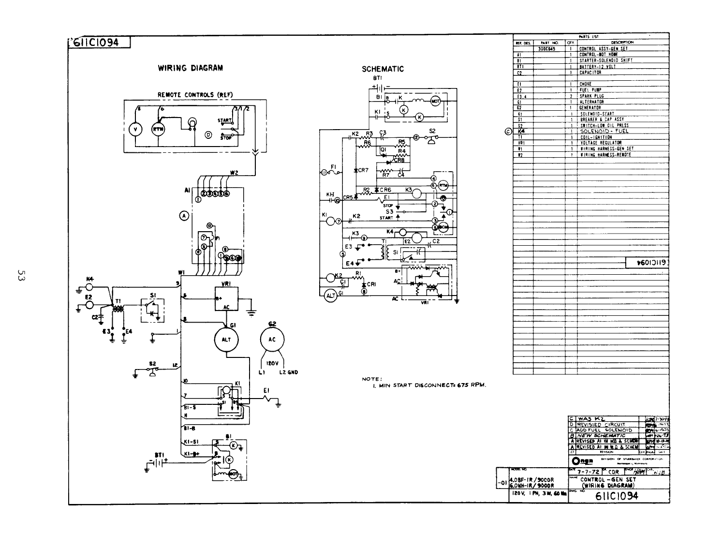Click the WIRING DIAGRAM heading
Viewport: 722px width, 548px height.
point(191,68)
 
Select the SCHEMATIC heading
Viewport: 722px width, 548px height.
point(383,69)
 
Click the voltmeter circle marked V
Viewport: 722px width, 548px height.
point(135,129)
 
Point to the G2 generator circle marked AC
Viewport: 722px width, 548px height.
point(272,340)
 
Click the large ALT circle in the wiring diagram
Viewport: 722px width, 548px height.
point(226,340)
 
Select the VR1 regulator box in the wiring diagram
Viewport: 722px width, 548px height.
point(226,299)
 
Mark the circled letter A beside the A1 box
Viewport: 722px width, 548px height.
point(184,216)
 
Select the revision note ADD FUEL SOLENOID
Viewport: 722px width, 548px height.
point(604,430)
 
